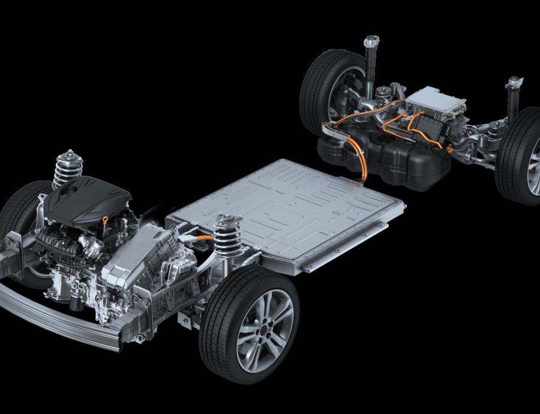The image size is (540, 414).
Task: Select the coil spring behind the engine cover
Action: [68, 168]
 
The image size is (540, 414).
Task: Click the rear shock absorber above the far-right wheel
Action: [514, 99]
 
